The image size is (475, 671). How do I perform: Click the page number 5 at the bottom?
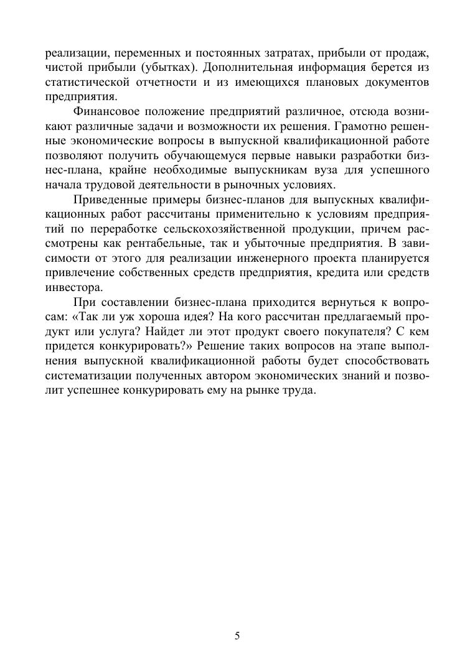[237, 635]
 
